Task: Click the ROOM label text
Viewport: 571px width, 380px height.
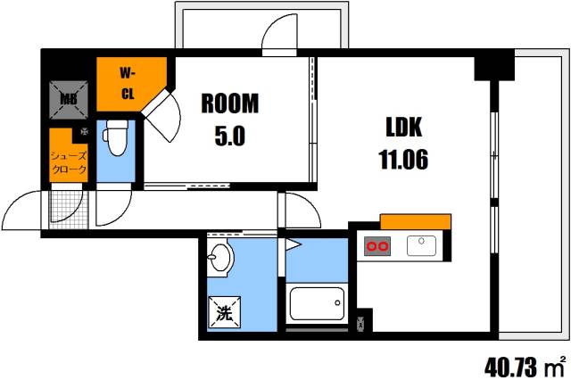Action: pyautogui.click(x=230, y=103)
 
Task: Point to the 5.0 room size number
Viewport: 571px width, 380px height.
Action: pyautogui.click(x=230, y=137)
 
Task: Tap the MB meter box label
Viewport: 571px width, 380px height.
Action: pyautogui.click(x=69, y=99)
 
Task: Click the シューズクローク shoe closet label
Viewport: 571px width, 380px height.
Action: pyautogui.click(x=70, y=160)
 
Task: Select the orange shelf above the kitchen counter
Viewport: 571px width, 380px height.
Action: pyautogui.click(x=415, y=221)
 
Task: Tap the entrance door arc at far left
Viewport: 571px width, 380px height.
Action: pyautogui.click(x=22, y=214)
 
